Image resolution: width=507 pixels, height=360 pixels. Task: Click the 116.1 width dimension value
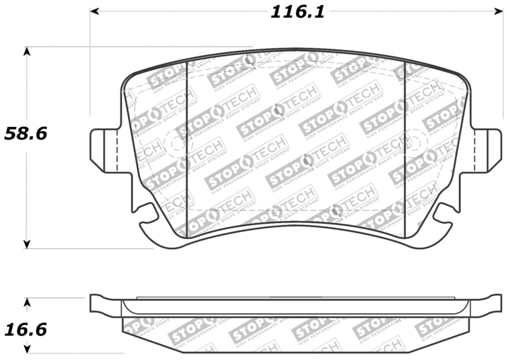[298, 11]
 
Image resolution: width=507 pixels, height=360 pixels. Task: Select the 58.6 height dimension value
[27, 134]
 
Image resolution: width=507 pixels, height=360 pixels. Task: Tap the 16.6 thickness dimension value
[27, 330]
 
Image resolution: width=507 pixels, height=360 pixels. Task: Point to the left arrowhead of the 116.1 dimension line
[95, 11]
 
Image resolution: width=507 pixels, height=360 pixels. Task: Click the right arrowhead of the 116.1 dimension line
[497, 11]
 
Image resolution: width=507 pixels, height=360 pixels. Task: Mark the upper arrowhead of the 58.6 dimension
[27, 51]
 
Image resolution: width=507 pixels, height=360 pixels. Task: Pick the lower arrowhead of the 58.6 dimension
[27, 243]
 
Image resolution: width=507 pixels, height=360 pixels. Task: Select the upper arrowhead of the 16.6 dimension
[27, 302]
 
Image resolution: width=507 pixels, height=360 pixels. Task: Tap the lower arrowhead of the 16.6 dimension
[27, 348]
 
